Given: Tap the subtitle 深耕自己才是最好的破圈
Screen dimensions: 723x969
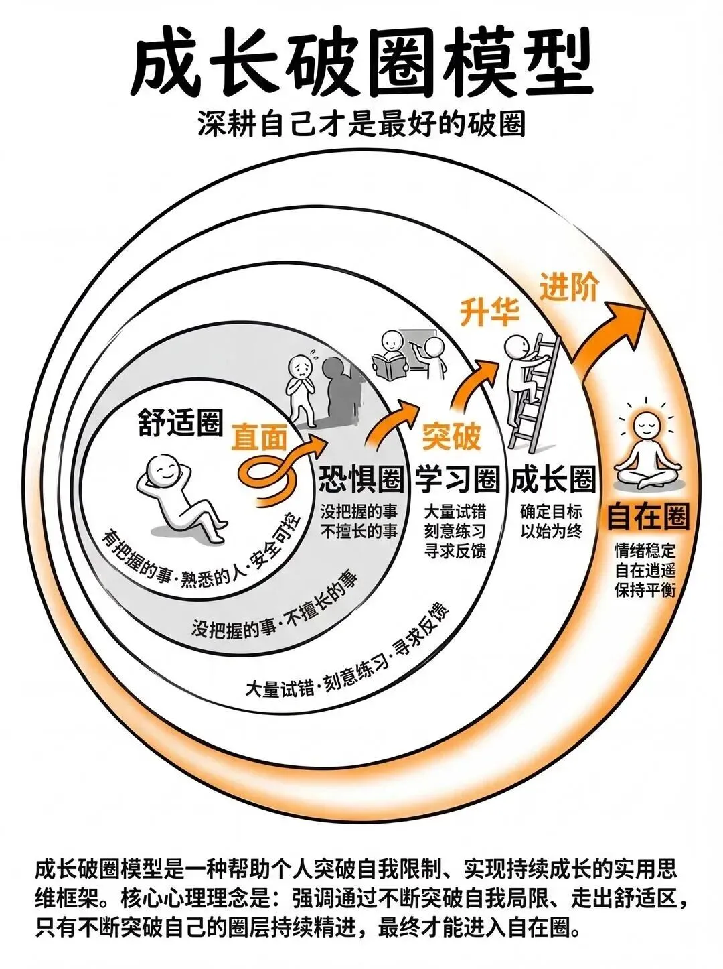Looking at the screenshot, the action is (x=361, y=125).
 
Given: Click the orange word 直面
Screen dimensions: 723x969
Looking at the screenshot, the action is (x=259, y=438).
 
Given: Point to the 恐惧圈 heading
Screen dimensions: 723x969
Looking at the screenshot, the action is (x=361, y=479).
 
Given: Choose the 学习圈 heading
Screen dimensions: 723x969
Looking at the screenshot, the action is (x=458, y=479).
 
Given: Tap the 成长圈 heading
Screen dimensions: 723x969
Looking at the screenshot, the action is (x=553, y=479).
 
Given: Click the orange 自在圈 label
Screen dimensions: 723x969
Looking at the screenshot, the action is (x=647, y=517).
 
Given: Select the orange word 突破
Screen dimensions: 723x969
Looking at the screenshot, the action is (x=451, y=438).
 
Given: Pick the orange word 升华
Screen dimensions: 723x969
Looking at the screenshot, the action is (x=490, y=312).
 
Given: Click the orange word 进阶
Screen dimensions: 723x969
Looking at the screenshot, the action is (x=568, y=287).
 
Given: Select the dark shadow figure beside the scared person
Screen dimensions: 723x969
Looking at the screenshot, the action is (x=339, y=392).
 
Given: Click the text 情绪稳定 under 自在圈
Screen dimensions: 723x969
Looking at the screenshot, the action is (x=646, y=551).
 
